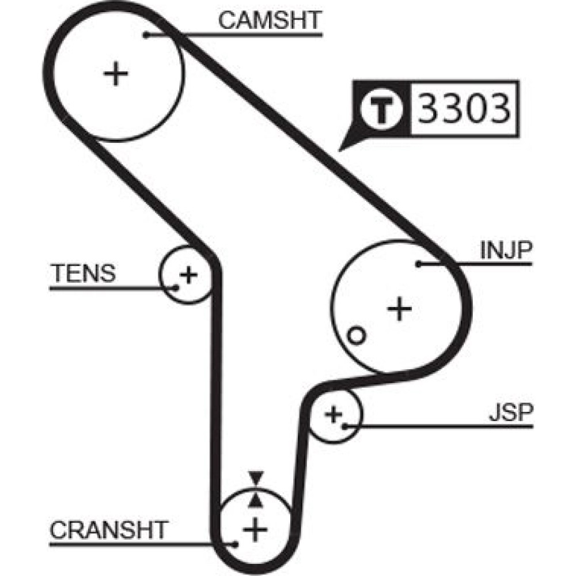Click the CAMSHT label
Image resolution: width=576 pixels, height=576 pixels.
(270, 20)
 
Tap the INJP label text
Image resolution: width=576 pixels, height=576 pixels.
(506, 250)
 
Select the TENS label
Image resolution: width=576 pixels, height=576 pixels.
(84, 273)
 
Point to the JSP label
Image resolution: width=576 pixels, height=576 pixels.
(510, 412)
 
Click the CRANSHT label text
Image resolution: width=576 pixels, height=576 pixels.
(109, 530)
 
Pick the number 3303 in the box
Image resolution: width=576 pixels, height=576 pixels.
(464, 108)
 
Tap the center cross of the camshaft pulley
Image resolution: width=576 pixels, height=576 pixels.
(116, 74)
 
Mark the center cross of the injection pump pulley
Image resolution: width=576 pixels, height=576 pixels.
(400, 309)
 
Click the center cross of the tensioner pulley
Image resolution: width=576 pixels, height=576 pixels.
(188, 275)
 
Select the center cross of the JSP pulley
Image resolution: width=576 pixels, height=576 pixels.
(334, 414)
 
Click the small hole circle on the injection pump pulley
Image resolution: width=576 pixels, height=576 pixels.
(356, 336)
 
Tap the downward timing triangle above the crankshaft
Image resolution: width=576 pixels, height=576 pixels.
(256, 478)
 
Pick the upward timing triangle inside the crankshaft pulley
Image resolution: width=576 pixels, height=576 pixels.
(256, 501)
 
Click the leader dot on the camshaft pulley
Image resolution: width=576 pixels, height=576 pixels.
(146, 35)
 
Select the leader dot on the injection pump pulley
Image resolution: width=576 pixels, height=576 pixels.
(418, 264)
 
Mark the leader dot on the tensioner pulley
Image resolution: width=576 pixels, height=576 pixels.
(176, 287)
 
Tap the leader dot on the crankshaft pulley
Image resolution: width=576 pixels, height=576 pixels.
(236, 544)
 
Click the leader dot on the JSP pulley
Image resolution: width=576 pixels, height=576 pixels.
(345, 426)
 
